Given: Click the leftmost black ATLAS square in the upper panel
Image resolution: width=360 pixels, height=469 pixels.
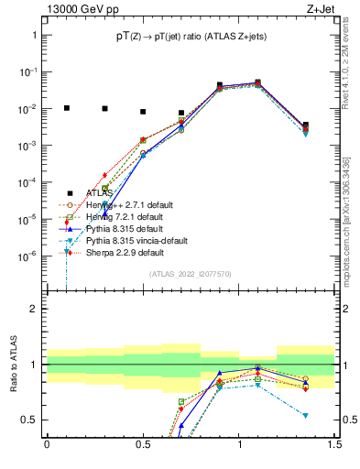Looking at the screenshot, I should coord(66,107).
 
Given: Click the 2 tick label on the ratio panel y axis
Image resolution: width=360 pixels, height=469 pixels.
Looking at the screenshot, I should coord(33,309).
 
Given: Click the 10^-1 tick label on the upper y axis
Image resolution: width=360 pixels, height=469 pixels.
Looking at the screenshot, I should coord(28,71).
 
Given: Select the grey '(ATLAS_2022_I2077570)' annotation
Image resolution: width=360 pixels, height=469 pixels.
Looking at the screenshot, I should coord(190,274).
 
